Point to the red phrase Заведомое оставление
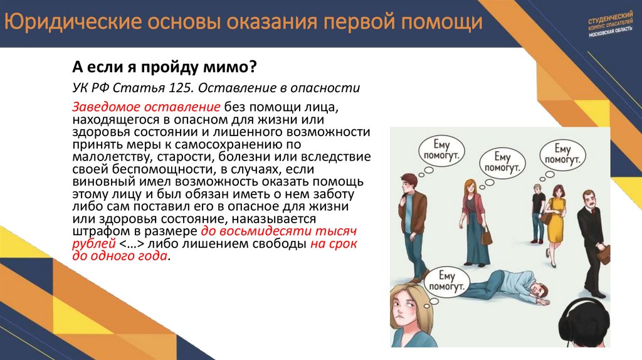click(x=146, y=107)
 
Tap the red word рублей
click(x=94, y=244)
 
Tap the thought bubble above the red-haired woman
click(x=503, y=162)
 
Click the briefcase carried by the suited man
click(x=604, y=255)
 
